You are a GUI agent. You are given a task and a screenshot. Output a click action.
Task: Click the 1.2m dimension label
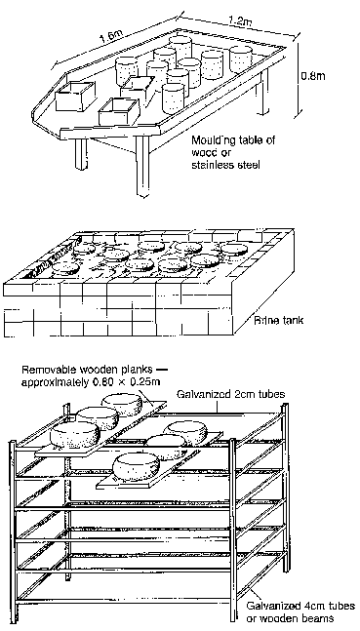[x=240, y=20]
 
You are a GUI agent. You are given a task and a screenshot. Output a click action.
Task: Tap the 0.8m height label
[x=313, y=76]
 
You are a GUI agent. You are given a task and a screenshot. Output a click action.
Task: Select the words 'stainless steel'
[x=223, y=165]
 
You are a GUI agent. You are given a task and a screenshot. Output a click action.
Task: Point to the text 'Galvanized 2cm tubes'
[x=231, y=394]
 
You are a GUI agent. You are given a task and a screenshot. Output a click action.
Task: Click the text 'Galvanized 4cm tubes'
[x=300, y=606]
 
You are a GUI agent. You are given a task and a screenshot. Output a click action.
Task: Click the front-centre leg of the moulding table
[x=142, y=166]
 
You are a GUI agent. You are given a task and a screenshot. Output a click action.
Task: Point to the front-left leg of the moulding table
[x=81, y=154]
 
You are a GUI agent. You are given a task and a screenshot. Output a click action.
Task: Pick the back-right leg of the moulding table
[x=263, y=92]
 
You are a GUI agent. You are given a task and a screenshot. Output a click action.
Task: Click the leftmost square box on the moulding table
[x=75, y=97]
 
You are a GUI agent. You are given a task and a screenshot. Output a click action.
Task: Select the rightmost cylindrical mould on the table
[x=241, y=59]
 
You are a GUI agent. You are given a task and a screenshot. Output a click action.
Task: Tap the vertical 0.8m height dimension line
[x=298, y=79]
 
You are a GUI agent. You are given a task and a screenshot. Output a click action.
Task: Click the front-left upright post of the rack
[x=14, y=532]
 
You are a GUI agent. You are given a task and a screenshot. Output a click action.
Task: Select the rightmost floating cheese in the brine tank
[x=234, y=249]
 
